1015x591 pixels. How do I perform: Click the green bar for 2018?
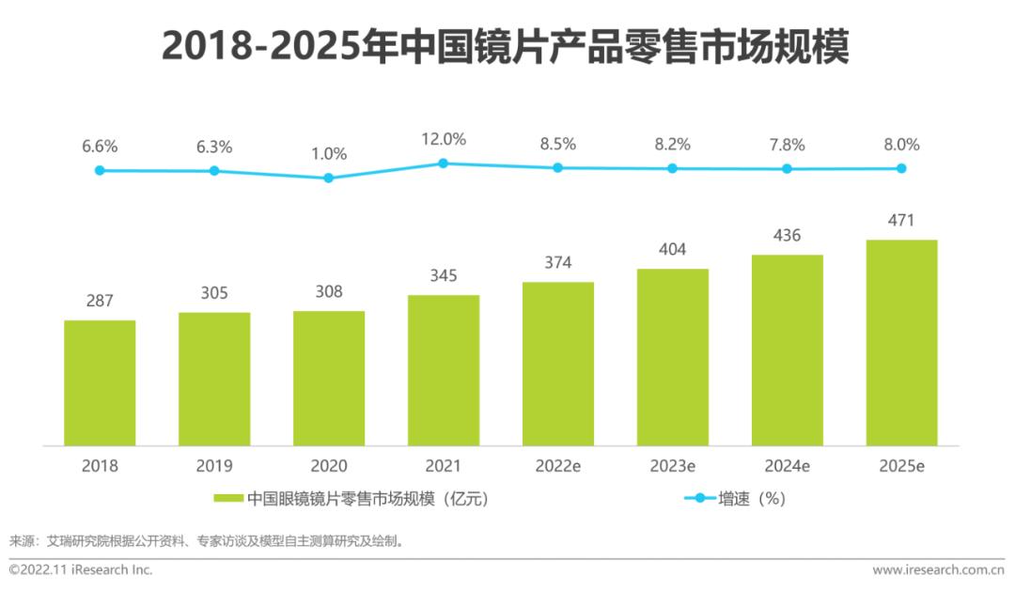(x=100, y=383)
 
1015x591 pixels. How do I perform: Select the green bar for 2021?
(x=444, y=370)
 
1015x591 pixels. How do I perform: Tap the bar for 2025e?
(x=901, y=343)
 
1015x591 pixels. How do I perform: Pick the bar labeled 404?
(x=673, y=357)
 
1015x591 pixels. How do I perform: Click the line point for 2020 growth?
(x=329, y=178)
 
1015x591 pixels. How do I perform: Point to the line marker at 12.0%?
(x=444, y=163)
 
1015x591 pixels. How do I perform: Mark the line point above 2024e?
(x=787, y=169)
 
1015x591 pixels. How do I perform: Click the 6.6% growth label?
(x=100, y=147)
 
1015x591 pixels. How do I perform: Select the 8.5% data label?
(x=558, y=145)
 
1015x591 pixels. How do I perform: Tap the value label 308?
(x=329, y=291)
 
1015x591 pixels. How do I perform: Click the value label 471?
(x=901, y=221)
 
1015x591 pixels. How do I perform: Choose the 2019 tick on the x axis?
(x=214, y=466)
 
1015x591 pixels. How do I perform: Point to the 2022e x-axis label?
(x=558, y=466)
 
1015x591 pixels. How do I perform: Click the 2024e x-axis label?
(x=787, y=466)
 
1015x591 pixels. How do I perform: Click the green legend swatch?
(x=227, y=499)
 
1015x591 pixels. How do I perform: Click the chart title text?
(x=506, y=46)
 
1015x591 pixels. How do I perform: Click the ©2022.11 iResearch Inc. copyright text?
(x=81, y=570)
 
